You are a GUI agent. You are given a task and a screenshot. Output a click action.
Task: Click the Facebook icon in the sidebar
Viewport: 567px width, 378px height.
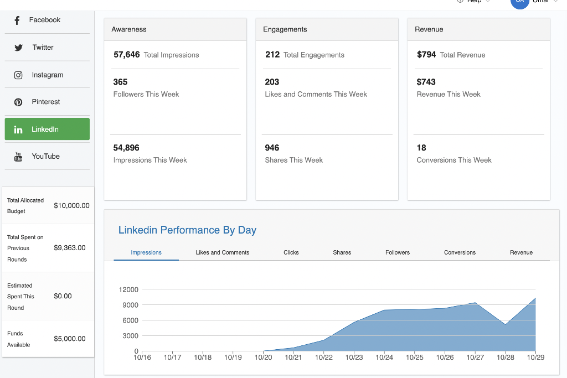point(17,20)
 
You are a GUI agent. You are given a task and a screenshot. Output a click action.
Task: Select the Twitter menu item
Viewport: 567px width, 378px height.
point(43,48)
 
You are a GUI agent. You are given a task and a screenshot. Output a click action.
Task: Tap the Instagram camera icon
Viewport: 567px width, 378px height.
point(18,75)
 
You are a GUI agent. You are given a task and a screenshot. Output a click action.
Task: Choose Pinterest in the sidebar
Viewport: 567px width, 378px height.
point(45,102)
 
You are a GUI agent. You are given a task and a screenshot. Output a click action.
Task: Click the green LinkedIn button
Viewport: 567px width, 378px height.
point(47,129)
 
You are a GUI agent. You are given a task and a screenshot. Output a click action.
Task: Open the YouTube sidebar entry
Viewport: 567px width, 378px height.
point(45,157)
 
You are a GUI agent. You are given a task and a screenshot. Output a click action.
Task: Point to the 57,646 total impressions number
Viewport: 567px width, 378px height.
point(126,55)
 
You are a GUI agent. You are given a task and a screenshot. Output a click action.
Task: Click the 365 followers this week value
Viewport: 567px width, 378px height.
point(120,82)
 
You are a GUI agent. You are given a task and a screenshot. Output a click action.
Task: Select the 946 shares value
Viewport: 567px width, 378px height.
point(272,148)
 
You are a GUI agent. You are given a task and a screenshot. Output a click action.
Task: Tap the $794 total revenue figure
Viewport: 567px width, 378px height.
point(426,55)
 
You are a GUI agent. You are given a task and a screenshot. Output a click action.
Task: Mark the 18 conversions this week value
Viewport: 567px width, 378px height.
point(421,148)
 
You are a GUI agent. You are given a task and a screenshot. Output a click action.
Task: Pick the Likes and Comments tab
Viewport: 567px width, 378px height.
point(223,252)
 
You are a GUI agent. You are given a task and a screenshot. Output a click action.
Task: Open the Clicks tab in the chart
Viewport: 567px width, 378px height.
point(291,252)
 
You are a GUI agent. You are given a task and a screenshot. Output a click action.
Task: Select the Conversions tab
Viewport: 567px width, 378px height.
point(460,252)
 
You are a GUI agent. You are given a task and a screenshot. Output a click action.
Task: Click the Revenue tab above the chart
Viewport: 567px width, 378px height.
point(521,252)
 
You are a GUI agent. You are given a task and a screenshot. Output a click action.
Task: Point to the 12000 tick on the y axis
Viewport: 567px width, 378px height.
point(128,289)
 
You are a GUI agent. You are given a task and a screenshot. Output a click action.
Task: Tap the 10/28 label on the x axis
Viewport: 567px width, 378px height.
point(505,358)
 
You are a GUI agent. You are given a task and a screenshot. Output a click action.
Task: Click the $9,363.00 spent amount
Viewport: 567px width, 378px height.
point(70,248)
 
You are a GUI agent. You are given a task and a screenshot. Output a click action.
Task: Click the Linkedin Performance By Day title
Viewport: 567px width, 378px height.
point(187,230)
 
